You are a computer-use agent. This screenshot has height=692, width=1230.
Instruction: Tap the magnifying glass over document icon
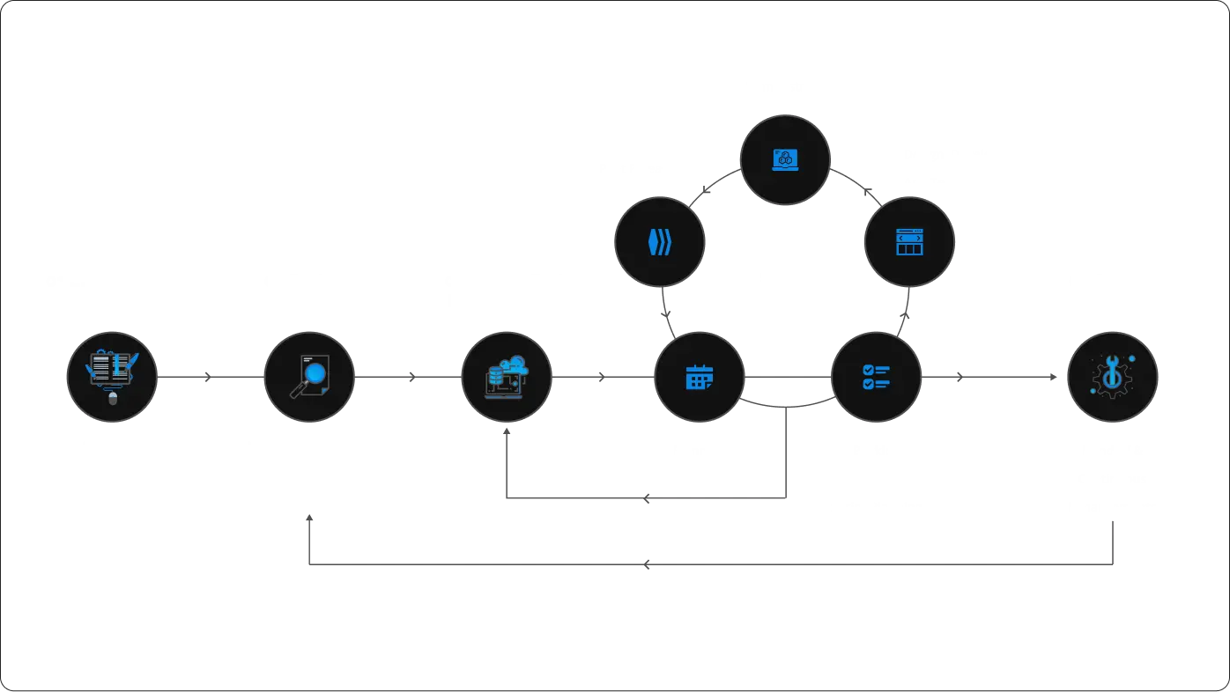pyautogui.click(x=309, y=376)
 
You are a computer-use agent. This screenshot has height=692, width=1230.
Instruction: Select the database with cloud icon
pyautogui.click(x=506, y=377)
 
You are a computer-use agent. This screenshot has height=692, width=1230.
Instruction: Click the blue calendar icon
pyautogui.click(x=700, y=377)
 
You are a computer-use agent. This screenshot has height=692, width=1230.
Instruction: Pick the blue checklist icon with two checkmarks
pyautogui.click(x=876, y=377)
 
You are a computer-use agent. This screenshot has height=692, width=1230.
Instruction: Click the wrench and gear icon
pyautogui.click(x=1112, y=377)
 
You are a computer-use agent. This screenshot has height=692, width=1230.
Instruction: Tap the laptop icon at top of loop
pyautogui.click(x=784, y=159)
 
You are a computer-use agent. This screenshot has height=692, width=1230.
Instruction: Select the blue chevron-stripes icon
pyautogui.click(x=659, y=242)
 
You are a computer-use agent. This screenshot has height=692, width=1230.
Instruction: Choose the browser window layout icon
pyautogui.click(x=909, y=242)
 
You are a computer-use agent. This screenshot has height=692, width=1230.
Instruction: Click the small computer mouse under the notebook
pyautogui.click(x=112, y=399)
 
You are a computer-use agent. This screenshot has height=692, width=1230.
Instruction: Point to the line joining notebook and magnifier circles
pyautogui.click(x=209, y=377)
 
